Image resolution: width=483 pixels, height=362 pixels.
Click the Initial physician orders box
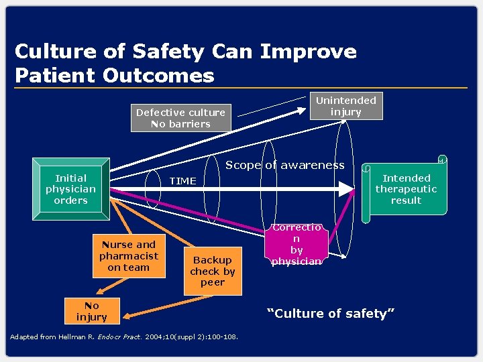[x=71, y=189]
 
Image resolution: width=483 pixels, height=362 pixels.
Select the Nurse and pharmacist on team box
[x=128, y=256]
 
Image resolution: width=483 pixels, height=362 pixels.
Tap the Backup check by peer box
[x=213, y=271]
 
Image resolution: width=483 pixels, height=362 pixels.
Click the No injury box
[x=91, y=311]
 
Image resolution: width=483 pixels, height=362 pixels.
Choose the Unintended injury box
[x=346, y=106]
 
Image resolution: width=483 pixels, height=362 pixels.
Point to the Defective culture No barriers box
[x=180, y=118]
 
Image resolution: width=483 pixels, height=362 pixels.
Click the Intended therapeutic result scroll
[x=406, y=189]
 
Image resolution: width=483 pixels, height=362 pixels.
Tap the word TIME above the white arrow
[x=182, y=181]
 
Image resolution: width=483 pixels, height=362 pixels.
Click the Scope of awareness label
[x=284, y=165]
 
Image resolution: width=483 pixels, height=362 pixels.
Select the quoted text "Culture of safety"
[x=331, y=313]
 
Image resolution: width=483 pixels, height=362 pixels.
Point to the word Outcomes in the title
[x=158, y=75]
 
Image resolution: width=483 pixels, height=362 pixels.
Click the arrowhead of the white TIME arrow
[x=345, y=189]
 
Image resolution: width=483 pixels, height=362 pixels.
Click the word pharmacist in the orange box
[x=129, y=256]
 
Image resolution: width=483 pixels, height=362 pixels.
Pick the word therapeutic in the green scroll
[x=406, y=189]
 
